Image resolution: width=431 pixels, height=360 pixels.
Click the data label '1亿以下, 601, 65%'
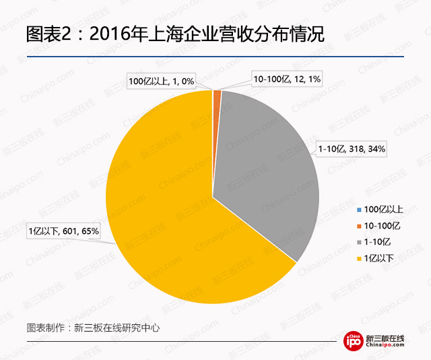[63, 231]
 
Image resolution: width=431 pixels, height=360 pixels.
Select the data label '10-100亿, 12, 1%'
[286, 80]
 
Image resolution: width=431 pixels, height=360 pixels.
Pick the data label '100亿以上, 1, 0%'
[162, 82]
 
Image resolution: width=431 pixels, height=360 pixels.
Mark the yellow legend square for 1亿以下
[358, 258]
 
